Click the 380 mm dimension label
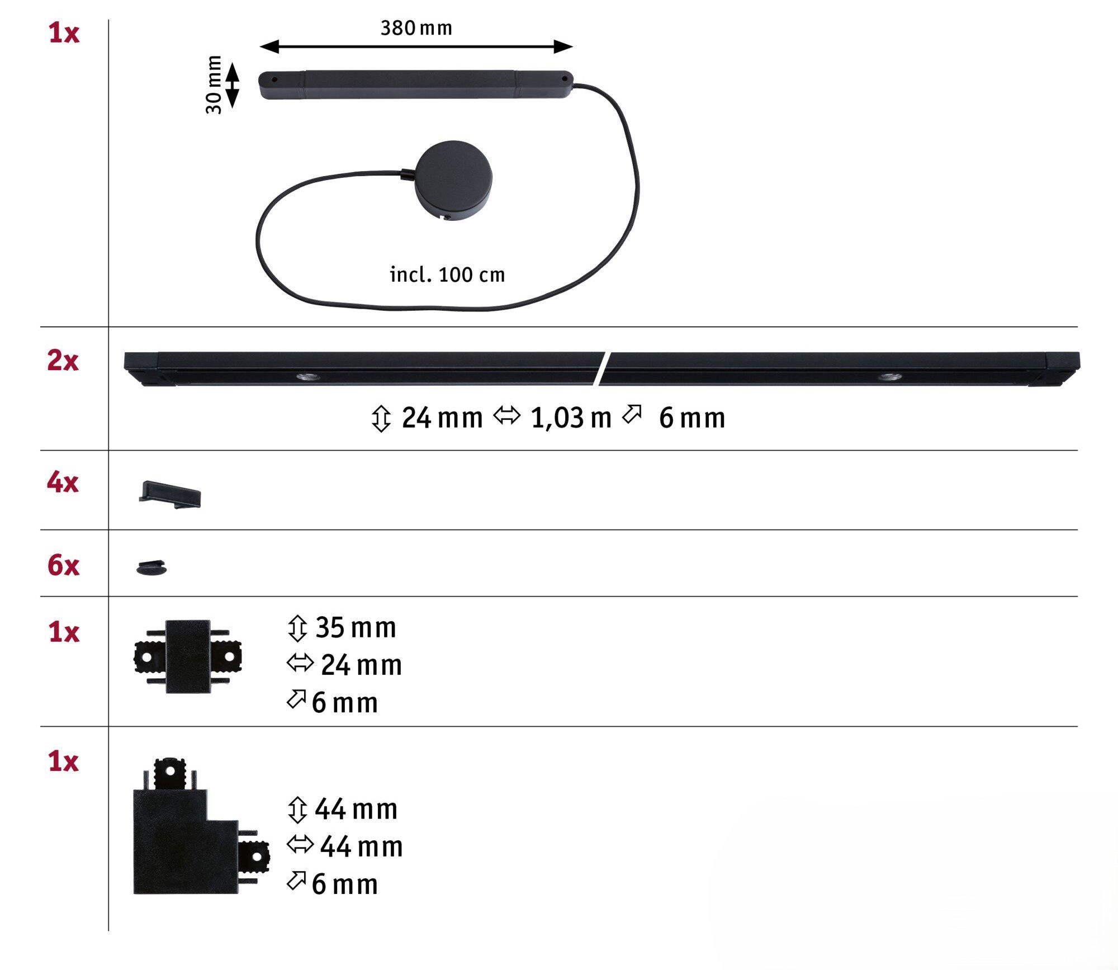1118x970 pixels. pos(416,28)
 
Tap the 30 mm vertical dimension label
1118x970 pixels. pos(214,84)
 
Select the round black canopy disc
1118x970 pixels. pos(453,180)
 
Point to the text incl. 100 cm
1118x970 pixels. pos(447,275)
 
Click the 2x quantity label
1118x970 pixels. pos(63,361)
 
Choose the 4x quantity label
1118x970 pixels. pos(63,482)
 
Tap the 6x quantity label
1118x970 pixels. pos(63,565)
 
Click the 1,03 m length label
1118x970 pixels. pos(571,418)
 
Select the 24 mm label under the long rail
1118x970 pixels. pos(442,418)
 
